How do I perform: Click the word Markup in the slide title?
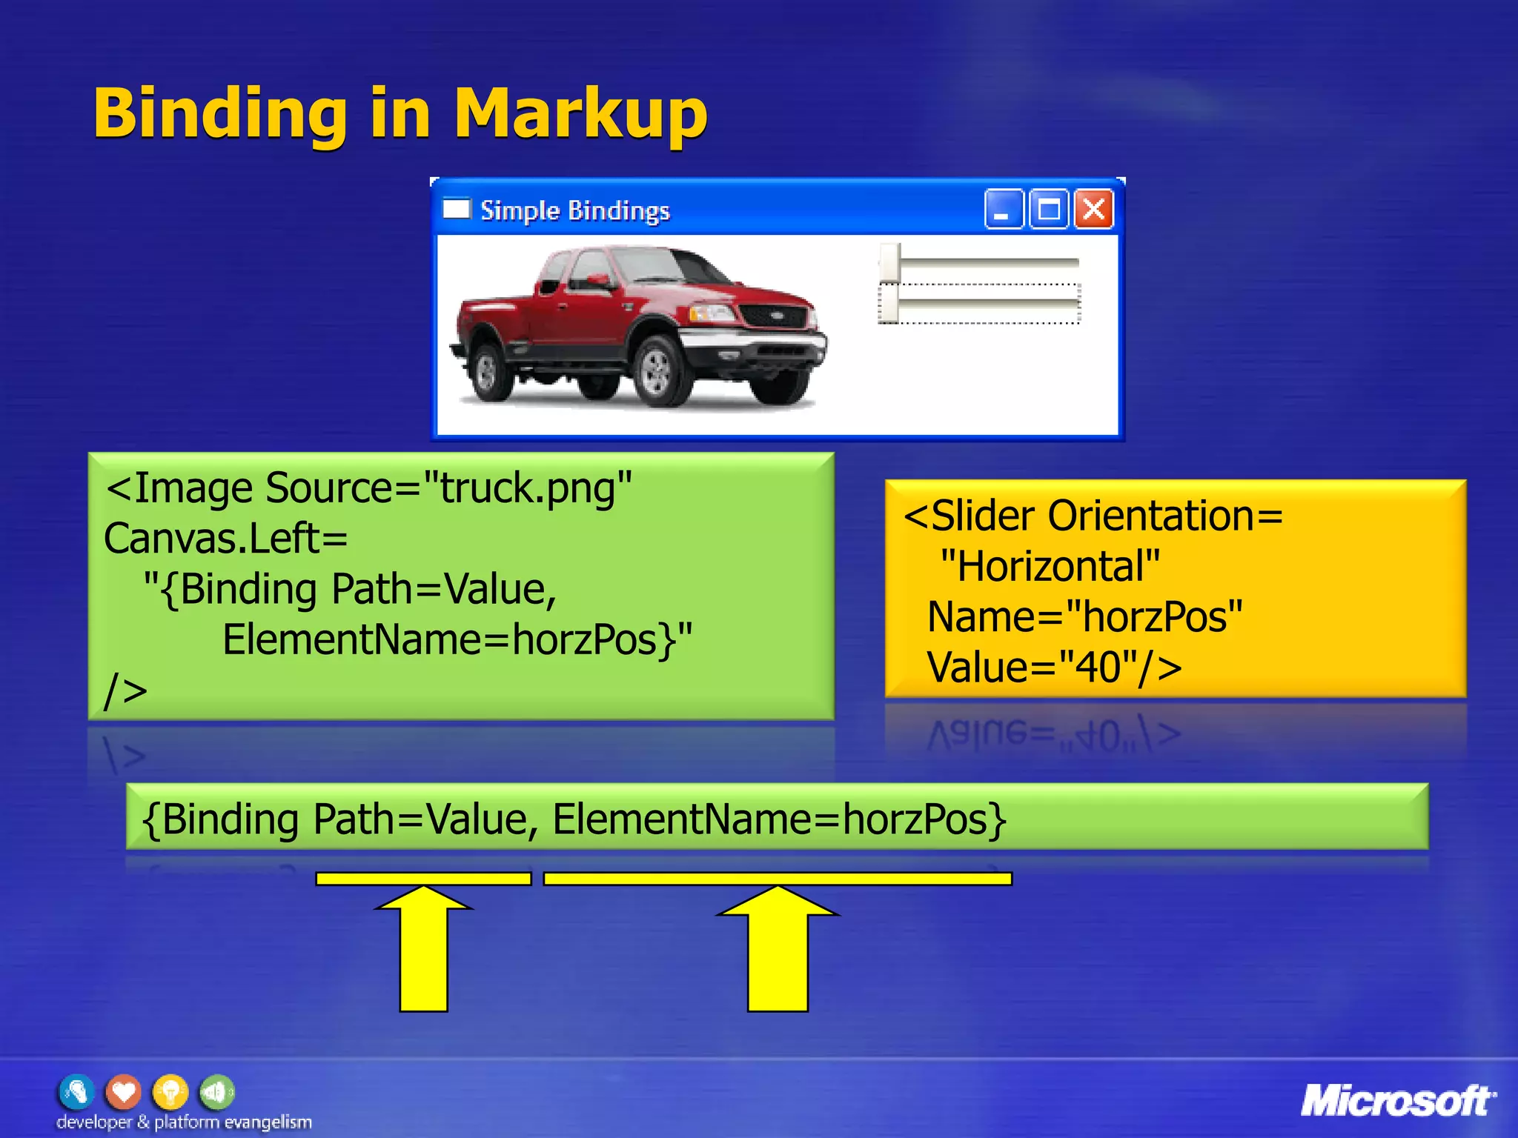pyautogui.click(x=580, y=113)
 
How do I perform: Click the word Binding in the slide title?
pyautogui.click(x=220, y=113)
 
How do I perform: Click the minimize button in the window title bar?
pyautogui.click(x=1003, y=210)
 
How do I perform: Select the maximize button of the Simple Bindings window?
pyautogui.click(x=1048, y=210)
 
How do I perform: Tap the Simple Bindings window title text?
pyautogui.click(x=574, y=210)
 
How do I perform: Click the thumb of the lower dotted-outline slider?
pyautogui.click(x=889, y=304)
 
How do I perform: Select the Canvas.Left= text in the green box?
pyautogui.click(x=225, y=538)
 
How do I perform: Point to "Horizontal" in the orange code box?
pyautogui.click(x=1050, y=567)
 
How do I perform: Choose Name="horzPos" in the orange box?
pyautogui.click(x=1084, y=617)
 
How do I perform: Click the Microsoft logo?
pyautogui.click(x=1398, y=1101)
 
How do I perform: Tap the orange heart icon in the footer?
pyautogui.click(x=123, y=1092)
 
